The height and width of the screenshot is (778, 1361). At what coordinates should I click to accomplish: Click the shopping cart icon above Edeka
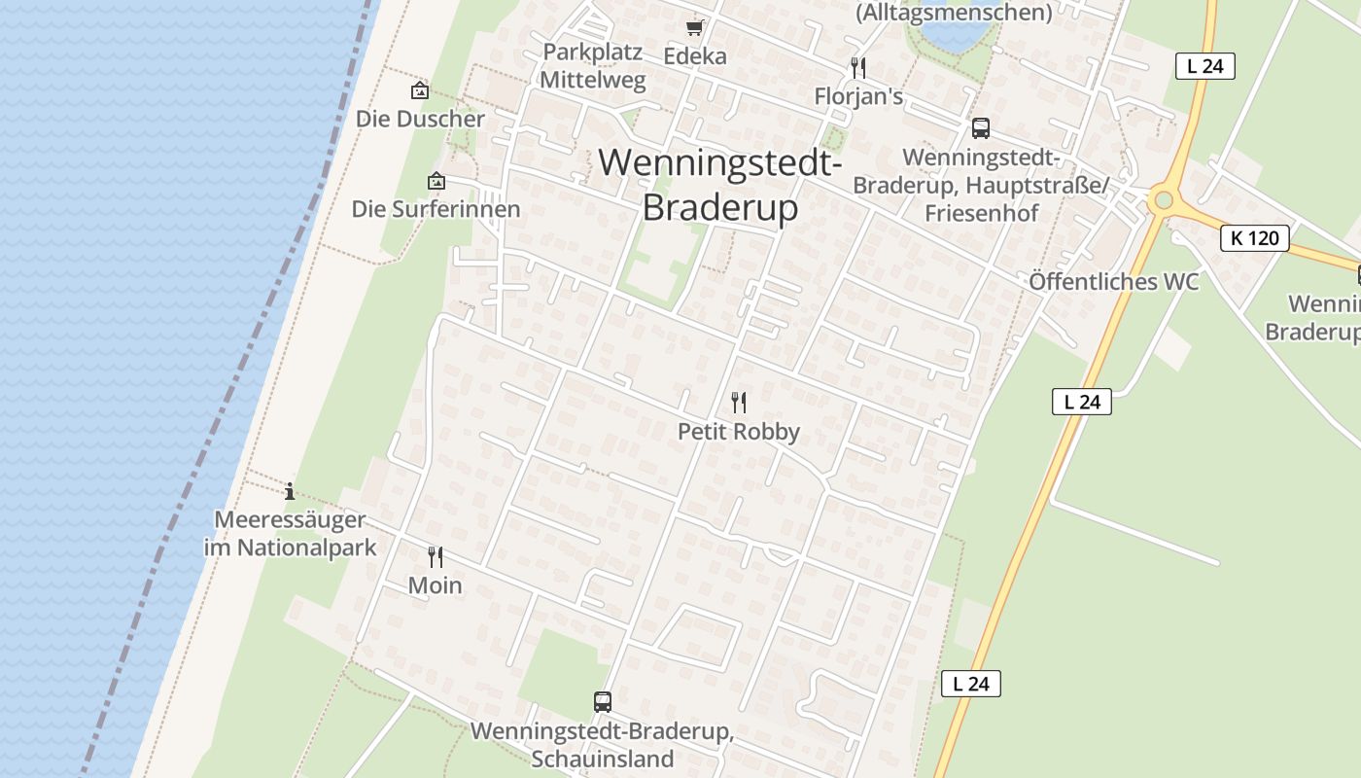[694, 27]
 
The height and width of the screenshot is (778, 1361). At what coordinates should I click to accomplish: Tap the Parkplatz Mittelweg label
[593, 66]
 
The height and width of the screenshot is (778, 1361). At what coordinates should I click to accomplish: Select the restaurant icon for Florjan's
[858, 67]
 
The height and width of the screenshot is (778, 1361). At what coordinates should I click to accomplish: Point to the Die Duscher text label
[420, 119]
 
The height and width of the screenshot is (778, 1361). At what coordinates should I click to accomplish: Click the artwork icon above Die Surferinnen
[436, 181]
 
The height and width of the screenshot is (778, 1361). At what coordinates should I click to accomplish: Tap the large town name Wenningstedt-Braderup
[720, 185]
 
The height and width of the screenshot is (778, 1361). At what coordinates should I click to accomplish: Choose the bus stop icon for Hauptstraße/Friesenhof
[980, 127]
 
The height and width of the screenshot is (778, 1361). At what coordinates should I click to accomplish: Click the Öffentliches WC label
[1114, 282]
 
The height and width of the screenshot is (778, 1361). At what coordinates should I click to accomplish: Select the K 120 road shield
[1255, 238]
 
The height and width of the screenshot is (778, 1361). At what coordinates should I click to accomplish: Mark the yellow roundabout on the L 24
[1162, 201]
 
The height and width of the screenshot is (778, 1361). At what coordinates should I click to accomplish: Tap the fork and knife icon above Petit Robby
[739, 402]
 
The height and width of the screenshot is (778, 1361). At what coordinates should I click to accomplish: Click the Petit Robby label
[739, 432]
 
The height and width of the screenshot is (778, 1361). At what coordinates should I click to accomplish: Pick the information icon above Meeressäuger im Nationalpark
[289, 491]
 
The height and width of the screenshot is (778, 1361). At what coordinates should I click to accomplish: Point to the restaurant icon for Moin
[436, 557]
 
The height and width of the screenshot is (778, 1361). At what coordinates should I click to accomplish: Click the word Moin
[436, 585]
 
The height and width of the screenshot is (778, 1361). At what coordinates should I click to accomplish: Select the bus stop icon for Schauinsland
[603, 701]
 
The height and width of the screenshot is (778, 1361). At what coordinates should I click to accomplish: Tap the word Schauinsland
[603, 759]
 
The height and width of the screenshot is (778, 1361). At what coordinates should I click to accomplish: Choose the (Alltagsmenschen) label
[953, 12]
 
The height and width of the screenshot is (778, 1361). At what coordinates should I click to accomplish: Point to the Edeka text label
[695, 56]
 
